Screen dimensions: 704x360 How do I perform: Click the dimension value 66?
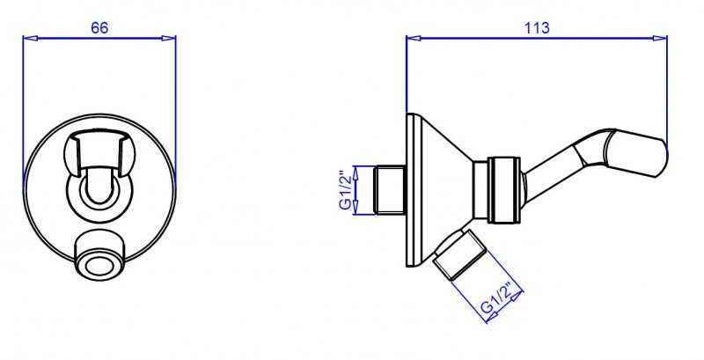click(x=99, y=28)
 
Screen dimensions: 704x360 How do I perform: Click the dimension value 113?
click(x=537, y=28)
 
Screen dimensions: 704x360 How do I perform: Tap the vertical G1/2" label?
click(x=345, y=190)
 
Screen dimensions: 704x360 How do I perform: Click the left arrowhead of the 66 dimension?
click(x=29, y=39)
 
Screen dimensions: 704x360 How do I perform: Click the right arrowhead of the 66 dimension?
click(x=169, y=39)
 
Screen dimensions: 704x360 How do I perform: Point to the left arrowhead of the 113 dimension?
click(x=413, y=39)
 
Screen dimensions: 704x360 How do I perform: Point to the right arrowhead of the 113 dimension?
click(x=660, y=39)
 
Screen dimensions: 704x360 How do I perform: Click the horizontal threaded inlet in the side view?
click(x=390, y=190)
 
